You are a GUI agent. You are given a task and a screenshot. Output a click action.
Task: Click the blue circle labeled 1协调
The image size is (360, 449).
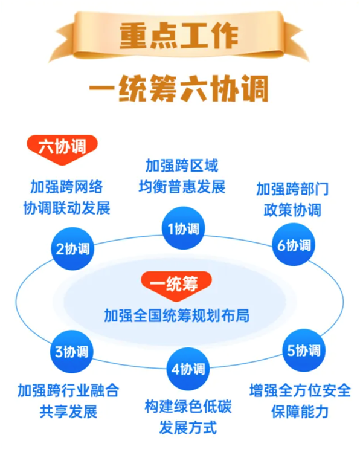pos(184,228)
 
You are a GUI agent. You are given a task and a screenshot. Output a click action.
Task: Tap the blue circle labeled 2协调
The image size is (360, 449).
pos(72,248)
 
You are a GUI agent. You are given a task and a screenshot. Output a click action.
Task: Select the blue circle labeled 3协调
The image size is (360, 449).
pos(71,352)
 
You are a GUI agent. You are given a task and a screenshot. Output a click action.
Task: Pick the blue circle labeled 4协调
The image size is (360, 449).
pos(188,369)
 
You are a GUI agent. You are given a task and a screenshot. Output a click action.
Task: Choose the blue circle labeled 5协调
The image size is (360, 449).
pos(304,350)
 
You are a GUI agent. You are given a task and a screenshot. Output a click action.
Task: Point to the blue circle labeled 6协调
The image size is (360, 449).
pos(294,245)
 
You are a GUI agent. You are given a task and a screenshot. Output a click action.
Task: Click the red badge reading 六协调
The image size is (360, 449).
pos(62,149)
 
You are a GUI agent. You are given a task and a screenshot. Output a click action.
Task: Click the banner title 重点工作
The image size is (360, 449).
pos(179,36)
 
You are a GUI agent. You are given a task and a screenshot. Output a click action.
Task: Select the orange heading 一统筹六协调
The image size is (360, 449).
pos(179,88)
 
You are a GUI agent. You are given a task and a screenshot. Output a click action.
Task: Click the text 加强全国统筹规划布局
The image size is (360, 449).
pos(176,316)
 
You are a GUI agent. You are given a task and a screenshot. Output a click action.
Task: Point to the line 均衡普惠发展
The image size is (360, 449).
pos(182,187)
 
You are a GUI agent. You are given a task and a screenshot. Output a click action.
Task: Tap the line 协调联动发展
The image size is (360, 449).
pos(66,208)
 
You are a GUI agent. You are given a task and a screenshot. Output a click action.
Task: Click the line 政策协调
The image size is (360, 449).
pos(292,210)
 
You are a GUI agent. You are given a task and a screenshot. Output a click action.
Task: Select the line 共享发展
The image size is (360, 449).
pos(68,412)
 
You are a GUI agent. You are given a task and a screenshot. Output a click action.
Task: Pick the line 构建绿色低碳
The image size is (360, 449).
pos(188,407)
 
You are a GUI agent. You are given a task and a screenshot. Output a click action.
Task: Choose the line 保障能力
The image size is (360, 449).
pos(300,412)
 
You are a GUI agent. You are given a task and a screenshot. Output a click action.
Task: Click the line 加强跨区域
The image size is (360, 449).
pos(182,166)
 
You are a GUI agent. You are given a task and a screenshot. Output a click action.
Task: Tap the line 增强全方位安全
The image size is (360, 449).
pos(300,390)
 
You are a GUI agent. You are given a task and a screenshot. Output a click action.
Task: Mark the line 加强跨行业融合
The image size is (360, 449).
pos(68,390)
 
